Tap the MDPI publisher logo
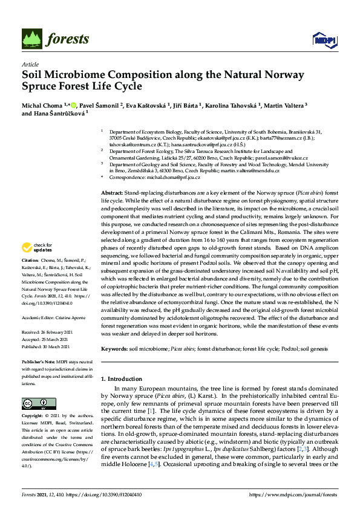pyautogui.click(x=324, y=40)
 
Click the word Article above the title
pyautogui.click(x=30, y=64)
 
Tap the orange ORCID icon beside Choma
pyautogui.click(x=73, y=104)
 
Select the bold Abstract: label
pyautogui.click(x=114, y=191)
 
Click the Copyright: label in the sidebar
pyautogui.click(x=34, y=417)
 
